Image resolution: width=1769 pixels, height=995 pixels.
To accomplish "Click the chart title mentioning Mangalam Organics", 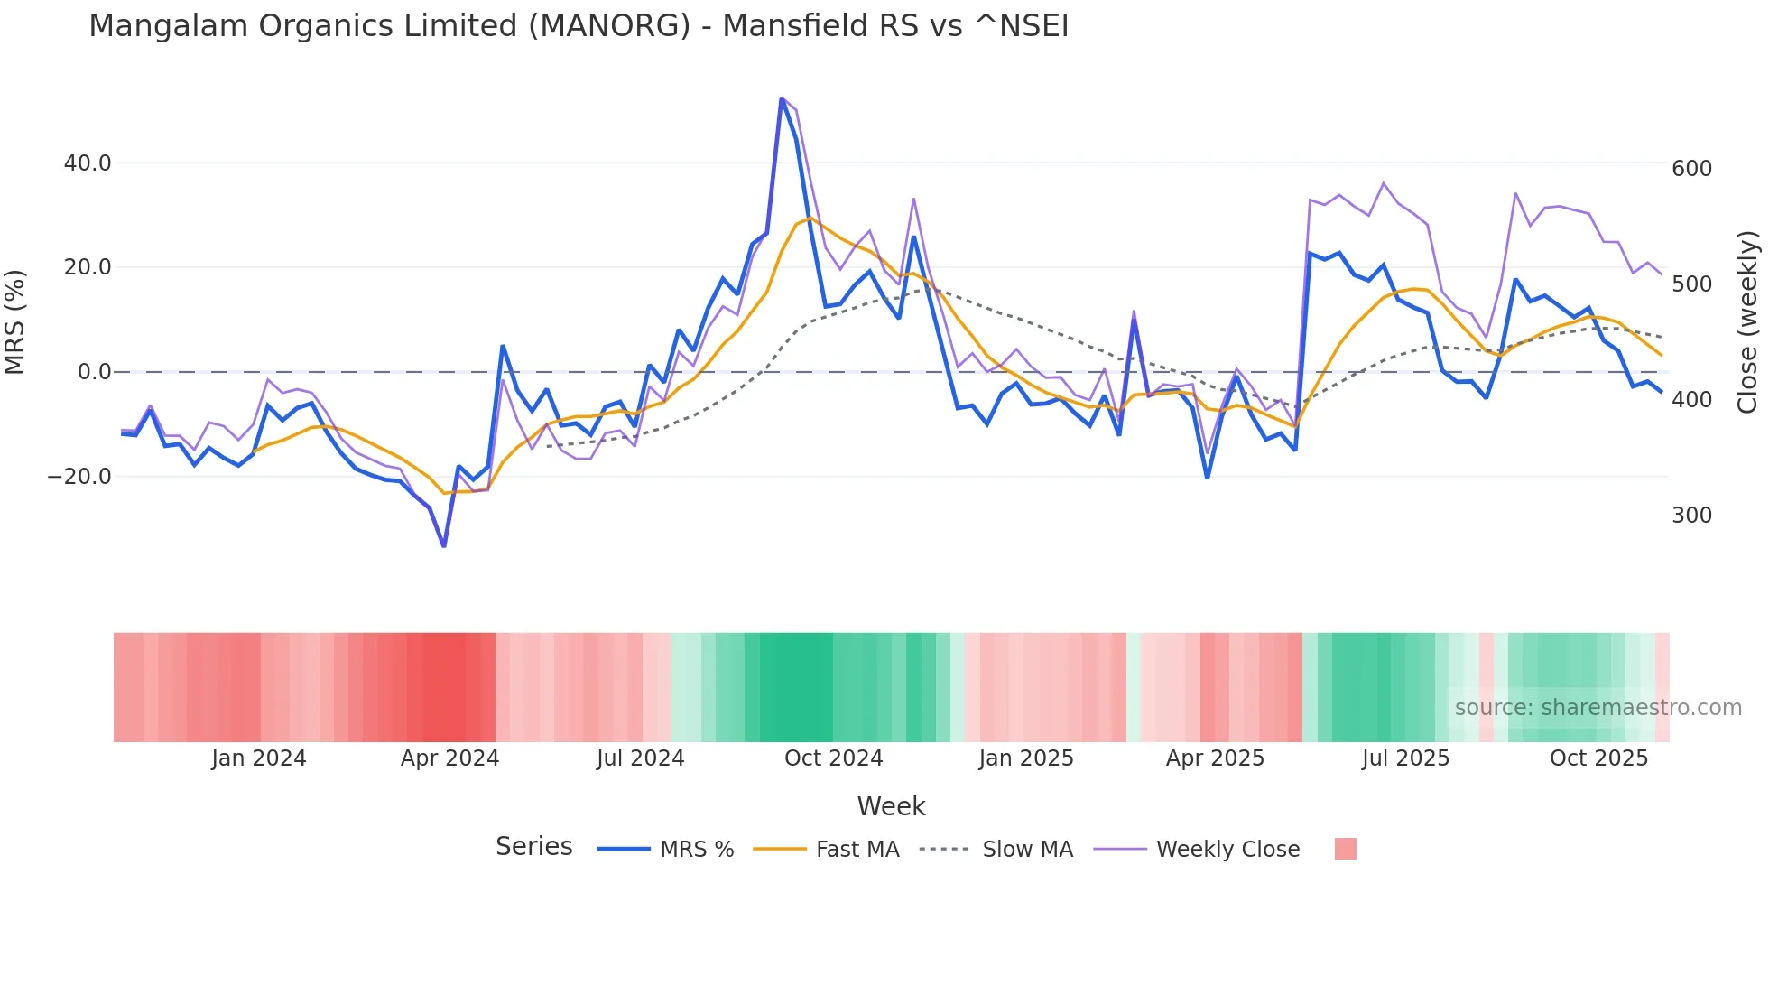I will (579, 26).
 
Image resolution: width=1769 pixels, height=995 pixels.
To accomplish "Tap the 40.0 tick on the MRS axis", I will (88, 163).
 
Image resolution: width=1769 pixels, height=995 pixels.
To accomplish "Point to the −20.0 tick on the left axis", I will (79, 476).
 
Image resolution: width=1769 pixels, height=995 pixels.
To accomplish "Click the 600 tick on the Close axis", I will (1691, 169).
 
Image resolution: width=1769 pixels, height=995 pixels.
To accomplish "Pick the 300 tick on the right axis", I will (1691, 516).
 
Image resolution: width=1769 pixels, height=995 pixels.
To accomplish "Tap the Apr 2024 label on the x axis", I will (449, 758).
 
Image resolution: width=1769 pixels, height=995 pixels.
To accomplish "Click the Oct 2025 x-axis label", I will (1598, 758).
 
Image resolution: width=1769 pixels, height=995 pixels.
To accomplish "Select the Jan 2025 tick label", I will (1025, 758).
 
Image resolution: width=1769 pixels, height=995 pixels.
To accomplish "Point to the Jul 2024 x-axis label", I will (640, 758).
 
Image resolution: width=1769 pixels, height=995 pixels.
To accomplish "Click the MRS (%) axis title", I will (15, 321).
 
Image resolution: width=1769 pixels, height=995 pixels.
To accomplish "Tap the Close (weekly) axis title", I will (1748, 321).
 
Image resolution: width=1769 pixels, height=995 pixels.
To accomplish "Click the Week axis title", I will (891, 806).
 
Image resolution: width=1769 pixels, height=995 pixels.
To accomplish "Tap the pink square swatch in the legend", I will (1345, 849).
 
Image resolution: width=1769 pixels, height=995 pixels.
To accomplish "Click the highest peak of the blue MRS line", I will (782, 98).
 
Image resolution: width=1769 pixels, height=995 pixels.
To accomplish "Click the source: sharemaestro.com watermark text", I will (1598, 708).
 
